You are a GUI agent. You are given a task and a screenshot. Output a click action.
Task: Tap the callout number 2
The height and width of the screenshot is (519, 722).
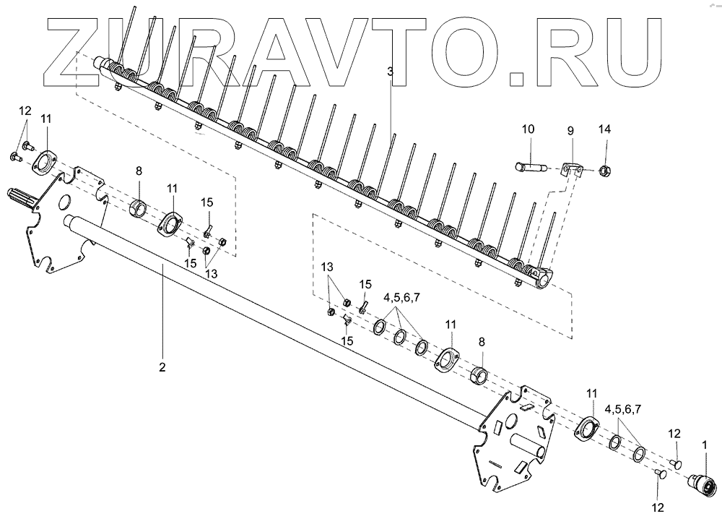[x=162, y=367]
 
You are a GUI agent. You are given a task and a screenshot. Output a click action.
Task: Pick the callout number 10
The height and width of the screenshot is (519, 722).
[x=528, y=129]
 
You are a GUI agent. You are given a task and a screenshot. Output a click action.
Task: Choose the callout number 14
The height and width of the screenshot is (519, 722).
[x=605, y=129]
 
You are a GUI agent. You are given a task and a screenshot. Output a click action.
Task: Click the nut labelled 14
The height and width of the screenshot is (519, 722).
[x=605, y=171]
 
